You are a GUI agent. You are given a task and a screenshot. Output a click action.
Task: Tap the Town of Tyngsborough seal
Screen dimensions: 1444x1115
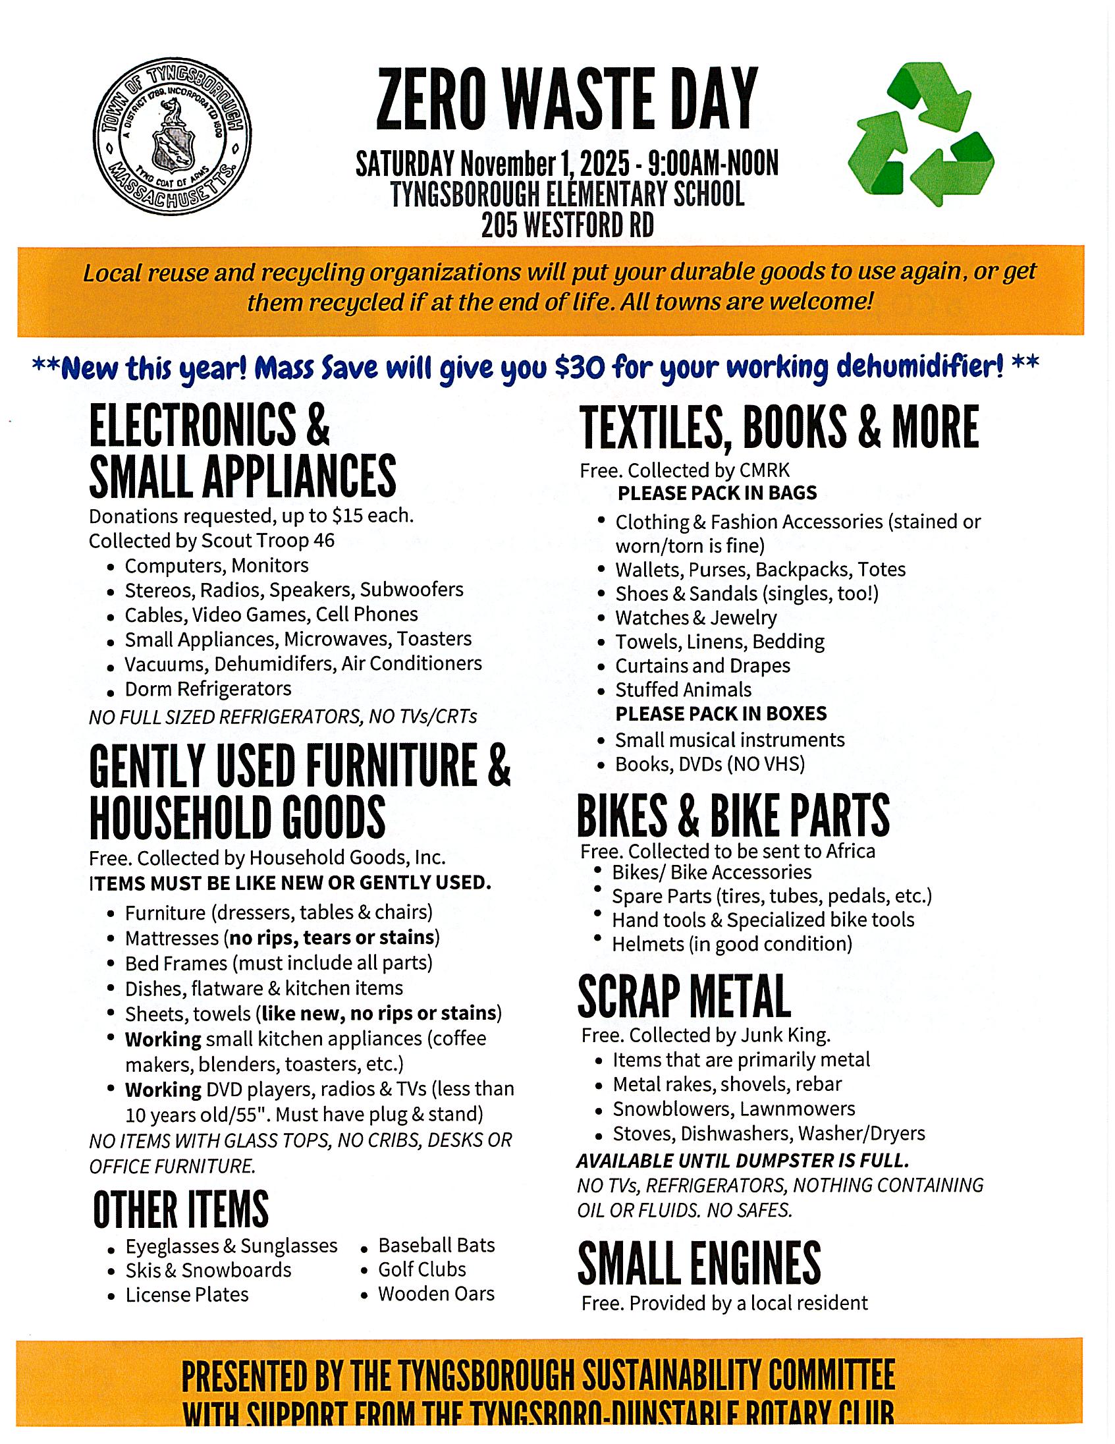(173, 135)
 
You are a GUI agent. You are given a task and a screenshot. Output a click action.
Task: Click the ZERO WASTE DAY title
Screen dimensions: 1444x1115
(566, 99)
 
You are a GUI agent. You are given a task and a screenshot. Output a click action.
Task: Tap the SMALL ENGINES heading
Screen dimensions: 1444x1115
(699, 1263)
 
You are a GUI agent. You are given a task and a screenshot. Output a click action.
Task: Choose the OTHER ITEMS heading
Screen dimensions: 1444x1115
(180, 1209)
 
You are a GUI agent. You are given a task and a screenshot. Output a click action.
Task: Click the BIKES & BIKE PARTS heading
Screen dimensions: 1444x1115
(733, 816)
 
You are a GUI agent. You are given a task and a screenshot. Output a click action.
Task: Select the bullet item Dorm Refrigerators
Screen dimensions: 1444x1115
(207, 689)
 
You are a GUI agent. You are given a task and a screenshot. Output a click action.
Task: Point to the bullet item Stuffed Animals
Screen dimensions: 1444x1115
(684, 690)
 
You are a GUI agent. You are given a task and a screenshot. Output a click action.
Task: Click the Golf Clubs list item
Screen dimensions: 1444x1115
(422, 1269)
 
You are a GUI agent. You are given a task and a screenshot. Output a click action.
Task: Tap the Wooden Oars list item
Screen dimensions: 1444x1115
(436, 1294)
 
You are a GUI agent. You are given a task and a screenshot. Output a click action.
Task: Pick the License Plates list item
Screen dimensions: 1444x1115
(187, 1294)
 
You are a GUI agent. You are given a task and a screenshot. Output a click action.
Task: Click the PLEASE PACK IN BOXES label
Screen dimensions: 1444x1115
(721, 713)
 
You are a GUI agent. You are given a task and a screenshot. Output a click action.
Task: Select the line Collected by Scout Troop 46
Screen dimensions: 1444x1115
(211, 541)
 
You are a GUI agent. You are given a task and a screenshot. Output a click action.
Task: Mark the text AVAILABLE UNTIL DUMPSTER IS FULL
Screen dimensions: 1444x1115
(743, 1161)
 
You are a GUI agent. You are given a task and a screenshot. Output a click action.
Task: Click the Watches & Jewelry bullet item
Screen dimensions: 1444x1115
(695, 617)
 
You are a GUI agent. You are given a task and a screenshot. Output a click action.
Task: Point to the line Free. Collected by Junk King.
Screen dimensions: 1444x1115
(706, 1035)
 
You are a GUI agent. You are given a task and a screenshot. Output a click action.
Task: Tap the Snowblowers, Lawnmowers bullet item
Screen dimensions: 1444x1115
(734, 1109)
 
